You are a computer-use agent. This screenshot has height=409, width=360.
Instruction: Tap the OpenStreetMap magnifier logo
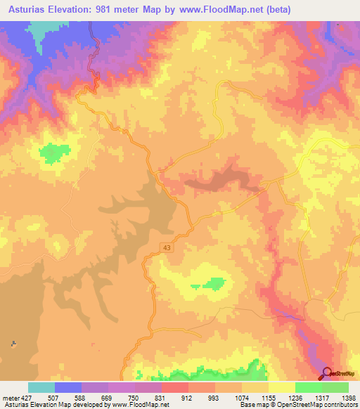click(x=327, y=374)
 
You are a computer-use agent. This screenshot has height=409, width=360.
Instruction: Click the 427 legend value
click(x=25, y=398)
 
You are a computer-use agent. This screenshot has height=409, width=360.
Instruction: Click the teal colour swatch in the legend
click(x=41, y=387)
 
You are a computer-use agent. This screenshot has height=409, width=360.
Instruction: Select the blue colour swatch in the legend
click(x=68, y=387)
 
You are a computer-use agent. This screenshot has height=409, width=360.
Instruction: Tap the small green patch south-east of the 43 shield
click(x=214, y=283)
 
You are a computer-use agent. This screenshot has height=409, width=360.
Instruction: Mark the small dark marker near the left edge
click(x=13, y=344)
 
